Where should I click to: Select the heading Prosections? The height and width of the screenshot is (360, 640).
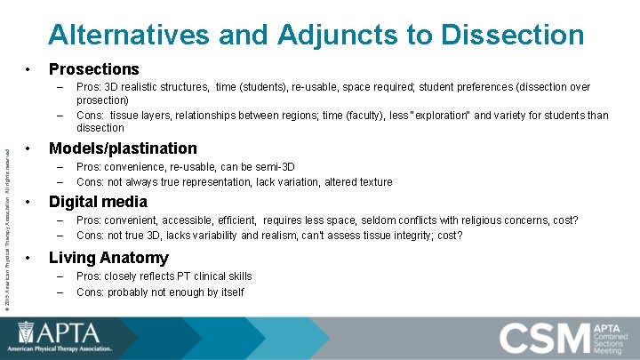click(x=93, y=68)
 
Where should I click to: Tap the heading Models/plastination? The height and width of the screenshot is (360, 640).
click(x=123, y=148)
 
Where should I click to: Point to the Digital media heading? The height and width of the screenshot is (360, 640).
click(x=98, y=202)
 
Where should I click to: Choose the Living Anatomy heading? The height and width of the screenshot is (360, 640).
click(x=108, y=258)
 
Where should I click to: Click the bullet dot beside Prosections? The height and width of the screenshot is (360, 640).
click(x=29, y=68)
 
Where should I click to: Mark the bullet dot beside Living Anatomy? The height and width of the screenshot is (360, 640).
click(x=29, y=258)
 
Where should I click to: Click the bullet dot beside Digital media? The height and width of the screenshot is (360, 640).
click(x=29, y=202)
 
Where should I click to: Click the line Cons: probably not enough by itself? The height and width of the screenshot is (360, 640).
click(x=160, y=292)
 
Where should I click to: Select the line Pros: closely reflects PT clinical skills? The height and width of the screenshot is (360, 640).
click(x=164, y=276)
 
